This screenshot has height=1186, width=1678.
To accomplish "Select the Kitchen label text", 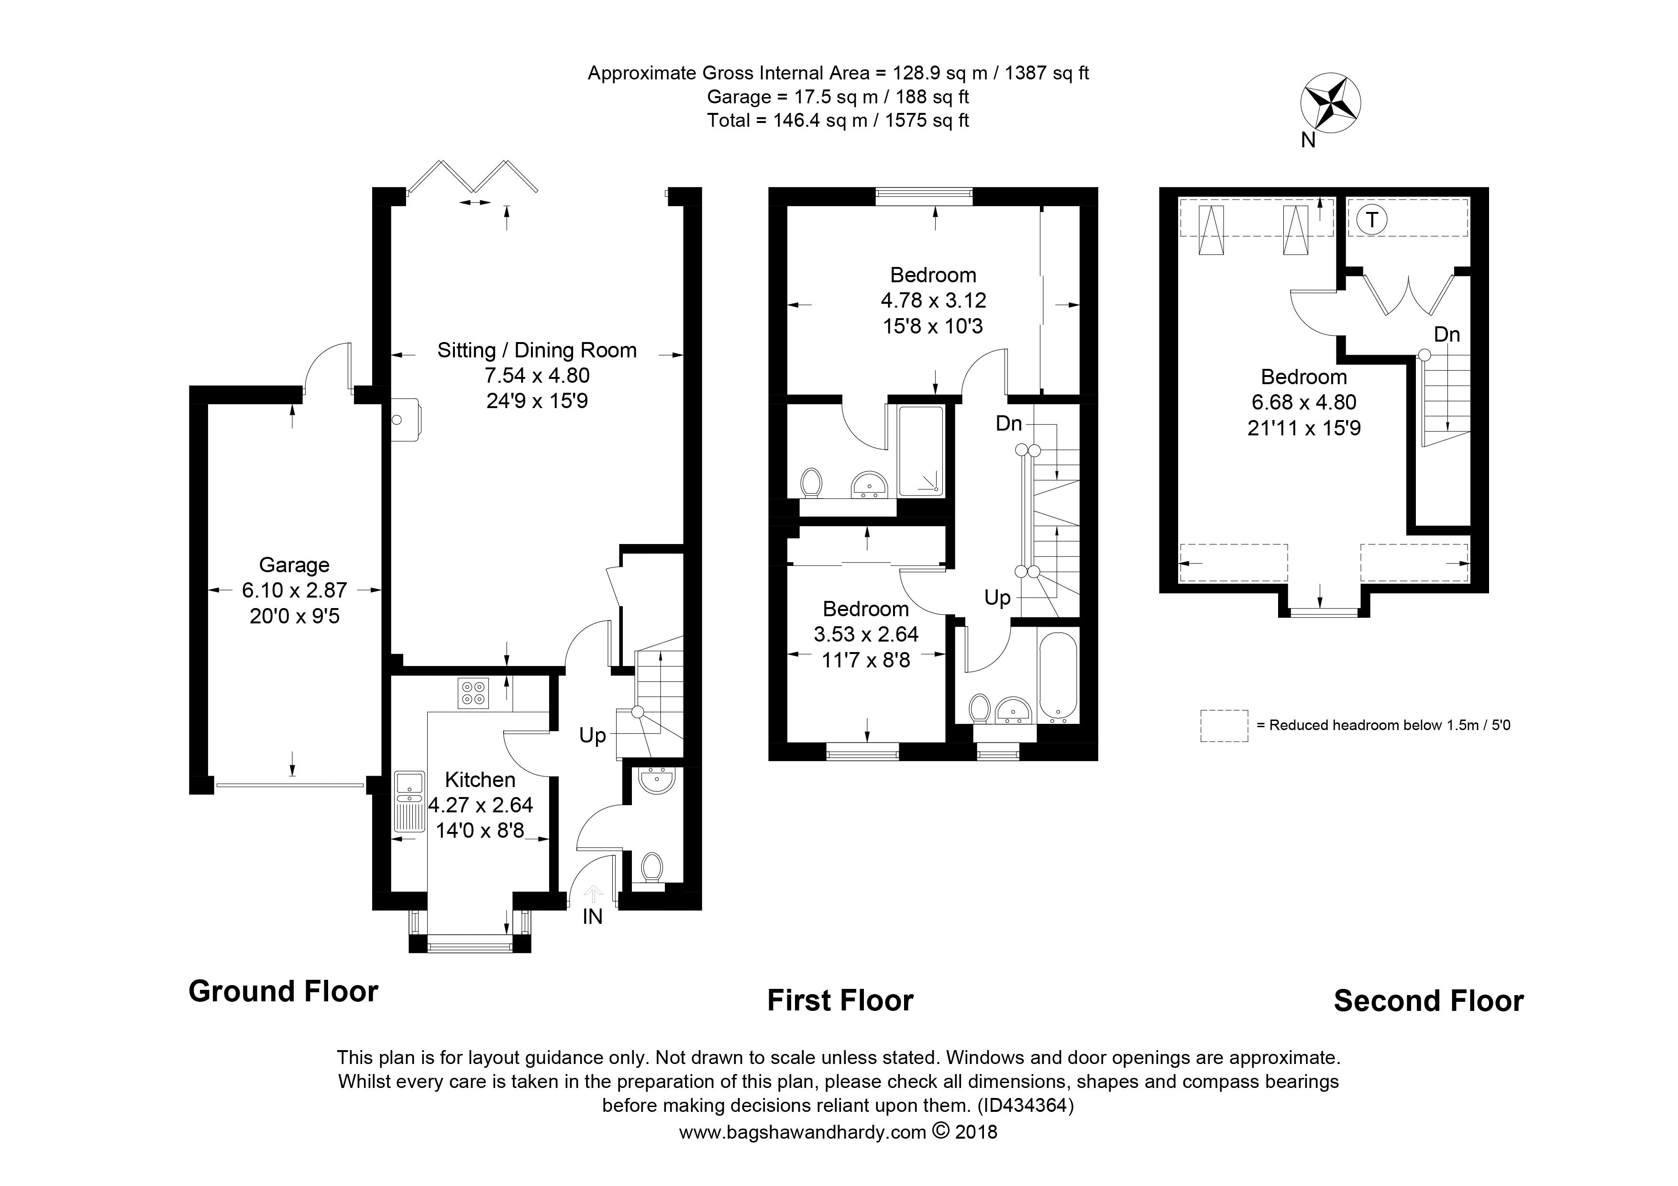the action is click(480, 780).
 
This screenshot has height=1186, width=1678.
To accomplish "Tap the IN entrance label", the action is click(593, 916).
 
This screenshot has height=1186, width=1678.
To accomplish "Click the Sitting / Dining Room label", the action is click(537, 350).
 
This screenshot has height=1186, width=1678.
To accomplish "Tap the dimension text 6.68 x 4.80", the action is click(1304, 402).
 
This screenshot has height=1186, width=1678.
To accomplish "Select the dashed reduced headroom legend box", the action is click(1224, 726).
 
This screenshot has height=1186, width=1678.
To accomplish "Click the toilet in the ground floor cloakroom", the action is click(651, 869).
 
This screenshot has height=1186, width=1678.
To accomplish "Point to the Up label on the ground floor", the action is click(593, 736).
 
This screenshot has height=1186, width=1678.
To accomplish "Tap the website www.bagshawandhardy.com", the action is click(803, 1132).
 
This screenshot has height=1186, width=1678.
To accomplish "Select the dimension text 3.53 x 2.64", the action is click(866, 634).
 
